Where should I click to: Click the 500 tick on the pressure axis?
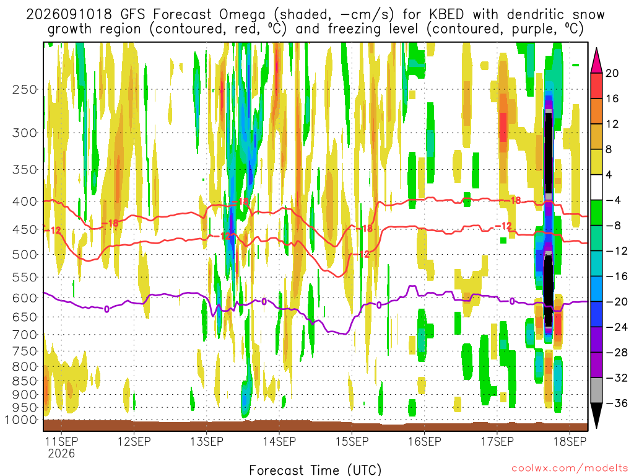pyautogui.click(x=25, y=255)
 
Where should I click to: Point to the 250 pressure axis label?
pyautogui.click(x=25, y=89)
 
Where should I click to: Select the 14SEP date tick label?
pyautogui.click(x=279, y=441)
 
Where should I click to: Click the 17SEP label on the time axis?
pyautogui.click(x=497, y=441)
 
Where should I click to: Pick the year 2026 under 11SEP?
pyautogui.click(x=61, y=453)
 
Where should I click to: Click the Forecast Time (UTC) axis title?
pyautogui.click(x=315, y=470)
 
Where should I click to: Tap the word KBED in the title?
pyautogui.click(x=446, y=15)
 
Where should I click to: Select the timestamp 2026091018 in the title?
pyautogui.click(x=69, y=15)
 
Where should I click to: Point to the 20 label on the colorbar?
pyautogui.click(x=612, y=73)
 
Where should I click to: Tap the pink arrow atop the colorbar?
pyautogui.click(x=596, y=61)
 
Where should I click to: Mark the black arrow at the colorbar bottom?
pyautogui.click(x=596, y=415)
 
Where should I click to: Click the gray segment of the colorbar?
pyautogui.click(x=596, y=390)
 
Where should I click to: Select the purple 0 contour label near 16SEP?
pyautogui.click(x=379, y=305)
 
